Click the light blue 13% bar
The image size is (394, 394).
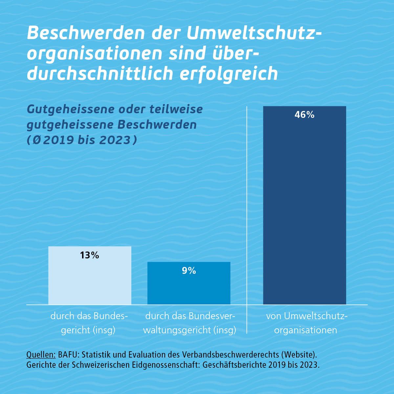coord(90,279)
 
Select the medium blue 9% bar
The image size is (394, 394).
coord(189,286)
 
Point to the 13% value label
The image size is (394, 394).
coord(89,255)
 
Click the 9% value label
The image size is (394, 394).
coord(189,271)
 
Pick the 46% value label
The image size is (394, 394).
coord(304,115)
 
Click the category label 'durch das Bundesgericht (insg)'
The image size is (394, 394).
coord(89,323)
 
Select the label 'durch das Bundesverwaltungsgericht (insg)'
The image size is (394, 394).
coord(190,323)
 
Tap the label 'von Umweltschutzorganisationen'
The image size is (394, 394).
coord(306,323)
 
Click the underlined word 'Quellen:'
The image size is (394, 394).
coord(41,355)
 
